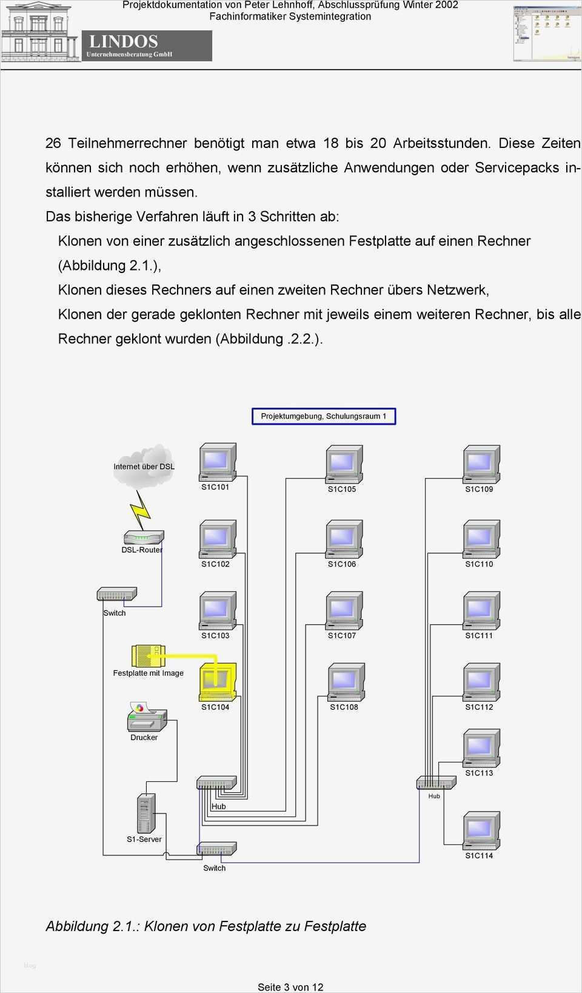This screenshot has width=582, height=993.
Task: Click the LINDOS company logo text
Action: point(124,41)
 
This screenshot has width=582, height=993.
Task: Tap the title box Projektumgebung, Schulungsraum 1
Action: point(324,416)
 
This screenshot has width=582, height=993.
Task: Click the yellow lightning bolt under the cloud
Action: point(141,509)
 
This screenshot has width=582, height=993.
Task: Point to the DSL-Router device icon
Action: point(144,538)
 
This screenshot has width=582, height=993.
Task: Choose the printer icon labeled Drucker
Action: point(146,718)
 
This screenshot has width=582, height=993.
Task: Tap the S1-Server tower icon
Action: point(145,813)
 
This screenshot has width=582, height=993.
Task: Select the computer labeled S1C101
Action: point(217,463)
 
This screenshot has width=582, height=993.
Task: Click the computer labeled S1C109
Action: point(481,465)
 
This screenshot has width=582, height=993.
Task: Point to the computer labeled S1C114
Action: point(481,831)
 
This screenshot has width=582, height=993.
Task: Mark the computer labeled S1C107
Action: point(344,611)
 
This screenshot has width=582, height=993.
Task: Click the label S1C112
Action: point(479,707)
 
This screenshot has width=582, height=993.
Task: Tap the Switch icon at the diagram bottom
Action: point(216,849)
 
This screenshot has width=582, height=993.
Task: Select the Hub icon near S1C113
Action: point(436,783)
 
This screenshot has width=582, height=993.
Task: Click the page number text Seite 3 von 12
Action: point(290,987)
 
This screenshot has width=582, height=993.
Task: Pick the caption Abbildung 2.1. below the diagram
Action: point(206,926)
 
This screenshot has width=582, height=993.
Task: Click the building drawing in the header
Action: point(39,33)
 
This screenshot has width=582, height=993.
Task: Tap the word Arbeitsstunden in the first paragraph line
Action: point(441,143)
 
